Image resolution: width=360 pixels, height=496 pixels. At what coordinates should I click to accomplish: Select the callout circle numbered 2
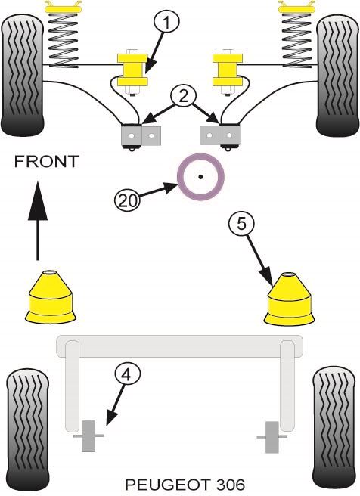181,96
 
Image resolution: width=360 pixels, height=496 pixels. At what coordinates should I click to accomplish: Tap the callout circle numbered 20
127,200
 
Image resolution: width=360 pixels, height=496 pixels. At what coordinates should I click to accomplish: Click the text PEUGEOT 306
180,483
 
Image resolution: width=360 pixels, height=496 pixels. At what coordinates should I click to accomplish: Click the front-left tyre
23,74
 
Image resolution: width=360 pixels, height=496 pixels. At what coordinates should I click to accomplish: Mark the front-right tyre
337,74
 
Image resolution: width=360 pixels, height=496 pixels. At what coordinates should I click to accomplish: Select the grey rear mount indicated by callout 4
88,437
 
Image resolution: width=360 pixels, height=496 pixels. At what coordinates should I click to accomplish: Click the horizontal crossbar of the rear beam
179,348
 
